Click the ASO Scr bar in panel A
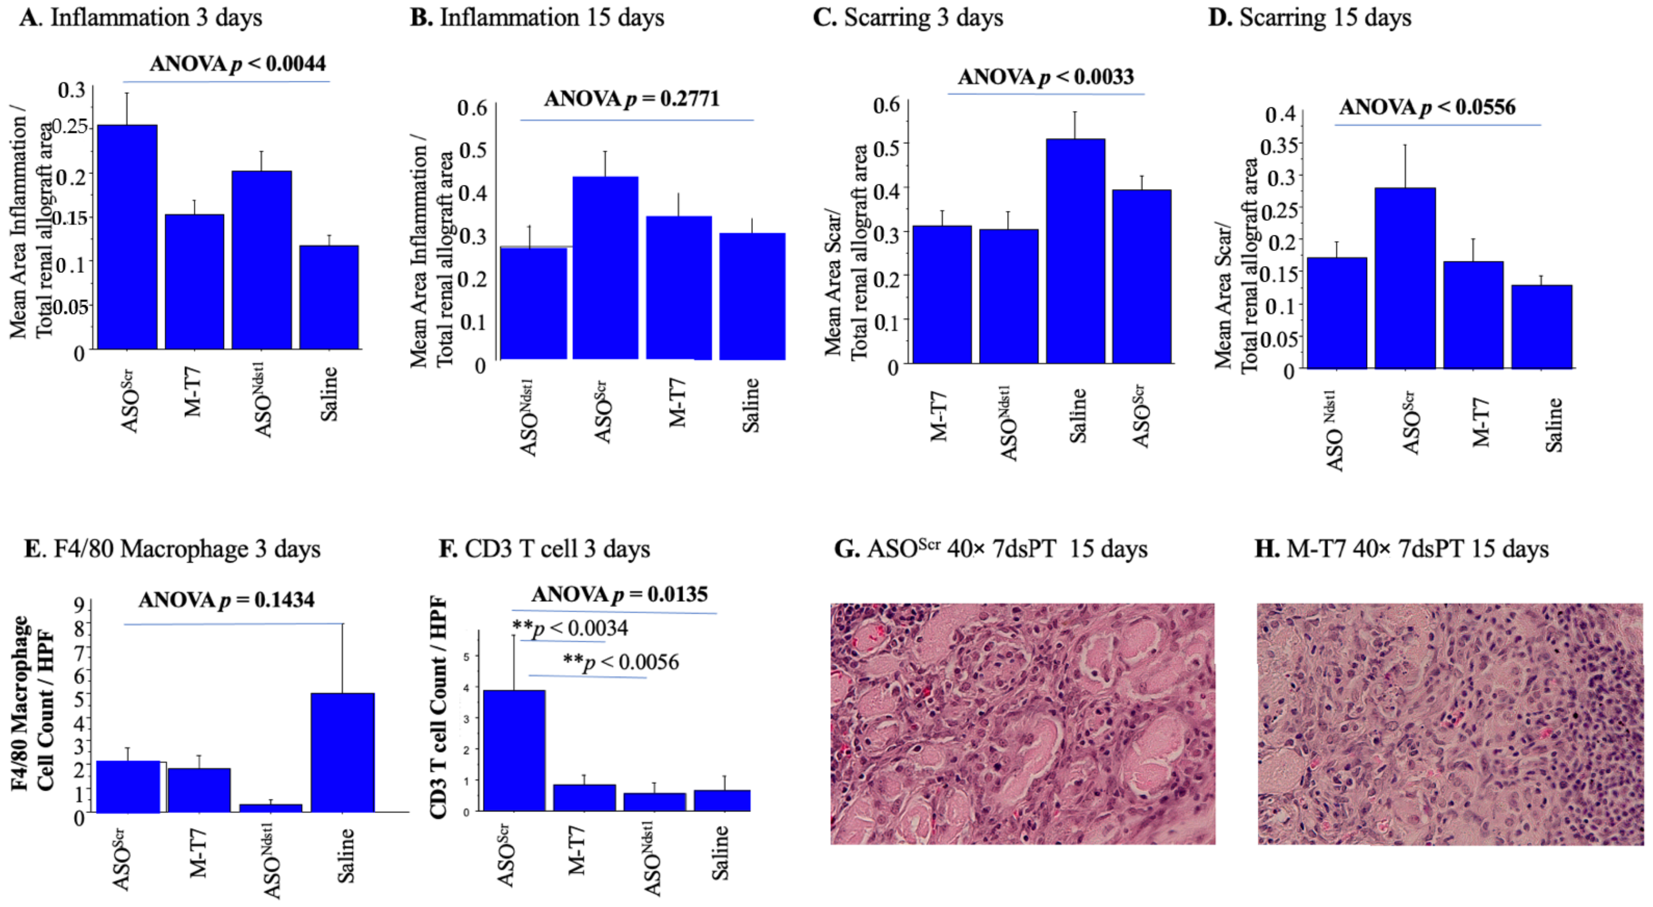pos(127,237)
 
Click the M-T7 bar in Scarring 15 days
pos(1473,314)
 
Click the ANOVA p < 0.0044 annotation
pos(237,64)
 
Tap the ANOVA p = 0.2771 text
pos(632,99)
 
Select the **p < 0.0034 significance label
pos(570,628)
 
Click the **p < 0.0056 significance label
pos(620,662)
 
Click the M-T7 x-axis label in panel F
pos(576,851)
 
